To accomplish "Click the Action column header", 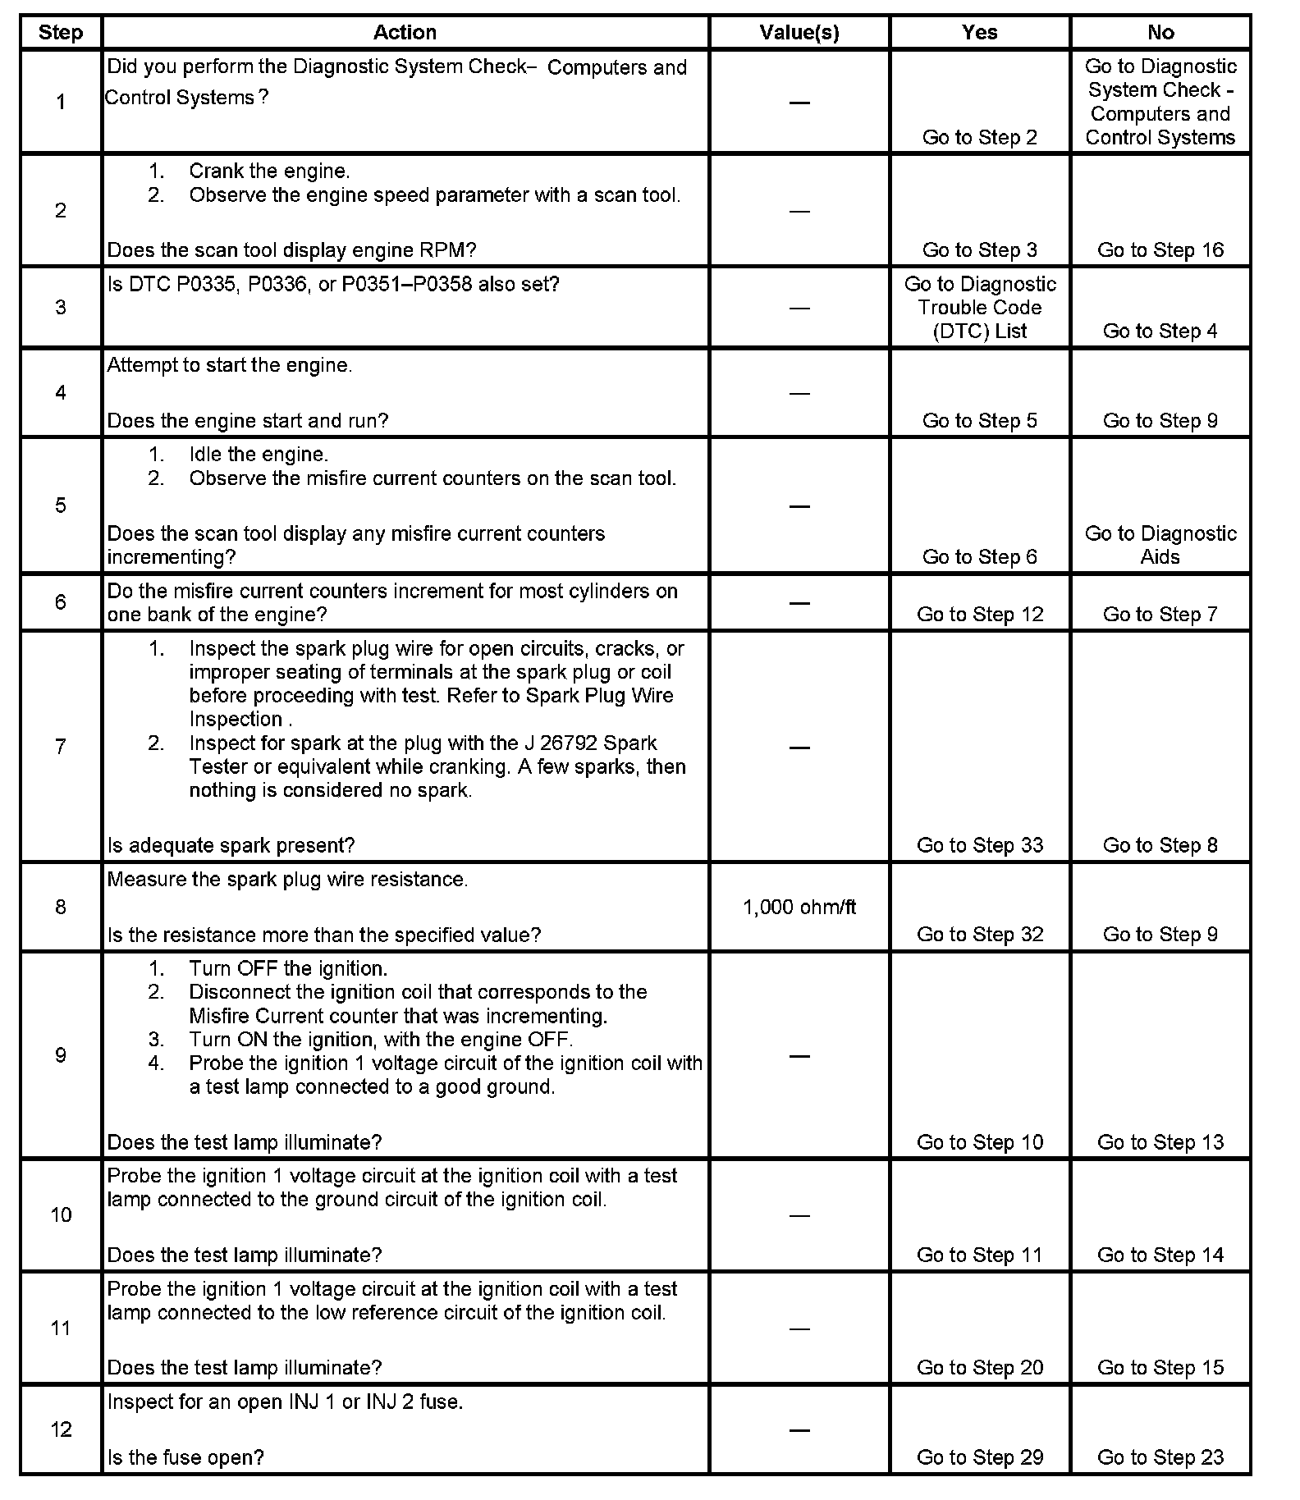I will tap(405, 33).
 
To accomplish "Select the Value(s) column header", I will tap(799, 33).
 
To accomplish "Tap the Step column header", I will tap(61, 33).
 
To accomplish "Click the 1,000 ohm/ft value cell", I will tap(799, 907).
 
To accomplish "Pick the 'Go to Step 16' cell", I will tap(1160, 250).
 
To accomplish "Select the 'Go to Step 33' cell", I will tap(979, 845).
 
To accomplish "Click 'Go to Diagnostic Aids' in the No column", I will tap(1160, 545).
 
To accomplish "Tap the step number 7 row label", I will tap(61, 747).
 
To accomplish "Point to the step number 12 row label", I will tap(61, 1429).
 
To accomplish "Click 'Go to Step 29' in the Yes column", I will tap(979, 1457).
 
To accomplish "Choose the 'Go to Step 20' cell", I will tap(979, 1368).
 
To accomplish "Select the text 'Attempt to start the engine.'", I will tap(230, 366).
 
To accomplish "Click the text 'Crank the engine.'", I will tap(269, 171).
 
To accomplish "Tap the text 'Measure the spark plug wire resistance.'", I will tap(287, 880).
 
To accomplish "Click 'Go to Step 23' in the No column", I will tap(1160, 1457).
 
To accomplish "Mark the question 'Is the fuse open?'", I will tap(185, 1457).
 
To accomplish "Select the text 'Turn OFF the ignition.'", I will tap(288, 968).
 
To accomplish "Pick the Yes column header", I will tap(979, 33).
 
